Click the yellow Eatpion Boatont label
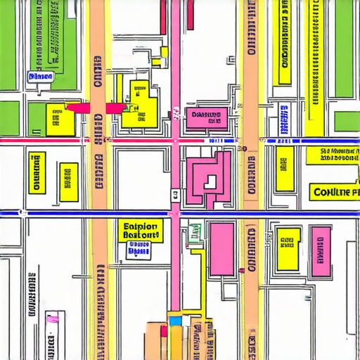click(x=141, y=230)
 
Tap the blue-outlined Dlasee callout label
click(x=41, y=77)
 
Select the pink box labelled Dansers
click(x=206, y=117)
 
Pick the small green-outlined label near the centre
click(x=194, y=231)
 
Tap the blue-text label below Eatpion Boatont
click(x=139, y=248)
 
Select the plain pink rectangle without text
click(x=221, y=250)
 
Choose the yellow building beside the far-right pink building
click(x=288, y=247)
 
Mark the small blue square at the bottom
click(x=175, y=321)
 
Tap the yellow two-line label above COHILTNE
click(x=339, y=155)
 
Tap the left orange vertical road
click(x=98, y=183)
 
